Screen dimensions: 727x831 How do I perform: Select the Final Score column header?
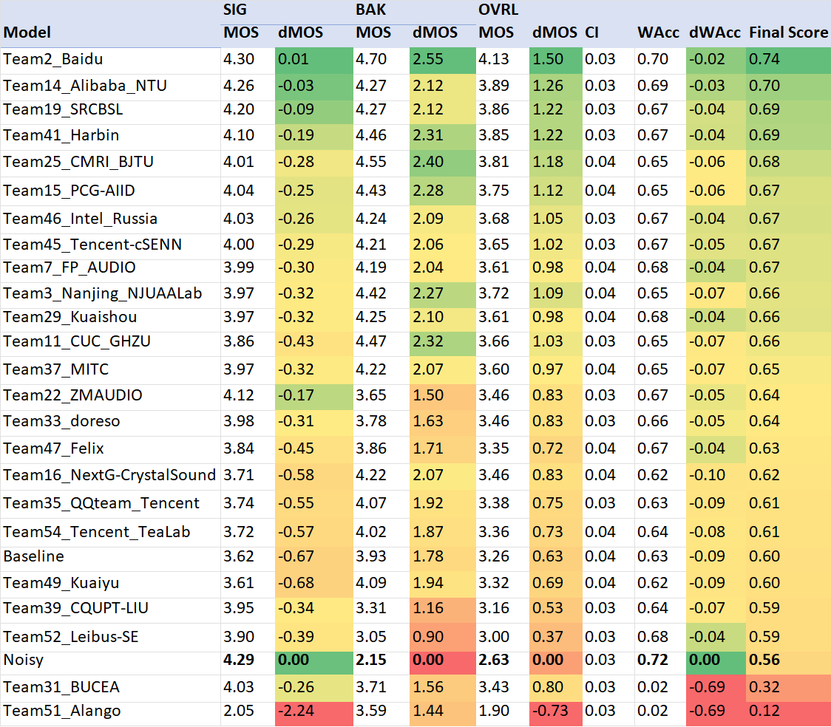click(x=788, y=33)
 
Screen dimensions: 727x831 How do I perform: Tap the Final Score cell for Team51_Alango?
click(x=764, y=711)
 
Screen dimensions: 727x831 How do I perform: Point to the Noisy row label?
click(x=21, y=661)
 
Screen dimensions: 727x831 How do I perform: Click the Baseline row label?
click(x=33, y=556)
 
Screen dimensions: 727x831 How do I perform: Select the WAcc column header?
click(x=658, y=33)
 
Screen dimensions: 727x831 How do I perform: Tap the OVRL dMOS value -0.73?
click(x=549, y=711)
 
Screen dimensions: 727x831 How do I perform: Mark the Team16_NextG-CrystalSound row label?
click(x=109, y=475)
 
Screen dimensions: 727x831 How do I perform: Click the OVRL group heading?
click(x=498, y=10)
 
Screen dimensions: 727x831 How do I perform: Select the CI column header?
click(x=592, y=33)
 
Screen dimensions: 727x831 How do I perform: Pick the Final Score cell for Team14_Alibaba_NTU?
click(x=764, y=86)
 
